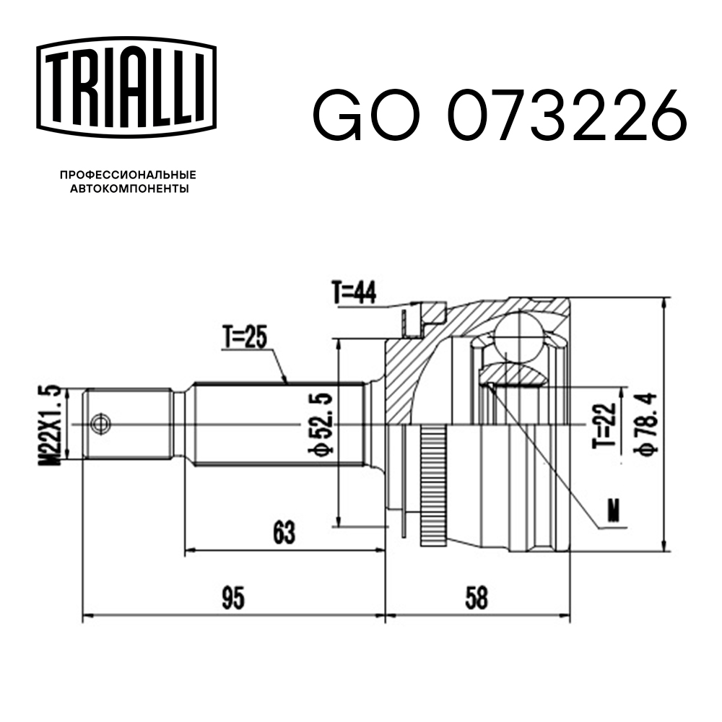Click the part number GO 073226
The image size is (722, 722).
coord(498,116)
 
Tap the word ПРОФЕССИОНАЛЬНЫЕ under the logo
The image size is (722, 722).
coord(128,175)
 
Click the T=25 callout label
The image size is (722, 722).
coord(245,337)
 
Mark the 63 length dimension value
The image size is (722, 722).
coord(284,533)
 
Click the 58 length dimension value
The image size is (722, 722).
coord(477,598)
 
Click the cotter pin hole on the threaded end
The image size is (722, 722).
coord(100,423)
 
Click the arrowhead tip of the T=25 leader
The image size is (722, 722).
coord(287,382)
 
